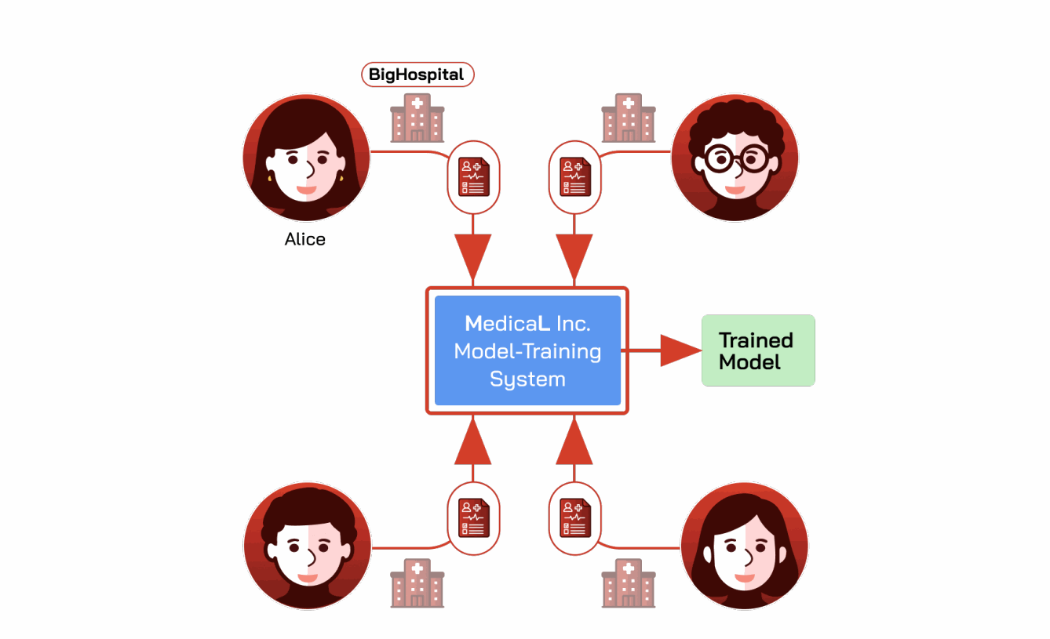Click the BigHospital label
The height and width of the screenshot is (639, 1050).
pos(417,74)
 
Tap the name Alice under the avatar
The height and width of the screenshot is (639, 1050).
pos(304,239)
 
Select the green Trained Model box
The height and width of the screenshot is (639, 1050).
pos(758,350)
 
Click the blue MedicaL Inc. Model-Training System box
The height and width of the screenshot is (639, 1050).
pos(528,350)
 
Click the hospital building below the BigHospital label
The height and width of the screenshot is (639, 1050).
pos(417,118)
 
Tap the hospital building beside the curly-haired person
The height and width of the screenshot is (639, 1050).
pos(629,118)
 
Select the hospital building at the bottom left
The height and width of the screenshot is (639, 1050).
pos(417,583)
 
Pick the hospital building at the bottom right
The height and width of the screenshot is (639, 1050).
pos(629,583)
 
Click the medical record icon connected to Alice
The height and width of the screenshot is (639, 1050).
pos(473,177)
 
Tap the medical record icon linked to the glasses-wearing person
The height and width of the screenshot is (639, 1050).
pos(575,177)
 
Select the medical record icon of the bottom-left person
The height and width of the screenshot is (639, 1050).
pos(473,518)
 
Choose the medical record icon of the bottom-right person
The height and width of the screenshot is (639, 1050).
pos(575,518)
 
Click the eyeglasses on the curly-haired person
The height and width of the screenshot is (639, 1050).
pos(737,159)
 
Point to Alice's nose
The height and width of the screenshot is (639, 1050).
pos(310,169)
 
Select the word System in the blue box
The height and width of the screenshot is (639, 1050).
pos(528,379)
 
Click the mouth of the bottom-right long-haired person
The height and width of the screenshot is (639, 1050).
pos(745,577)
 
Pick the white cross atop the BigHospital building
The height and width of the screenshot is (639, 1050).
pos(417,103)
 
